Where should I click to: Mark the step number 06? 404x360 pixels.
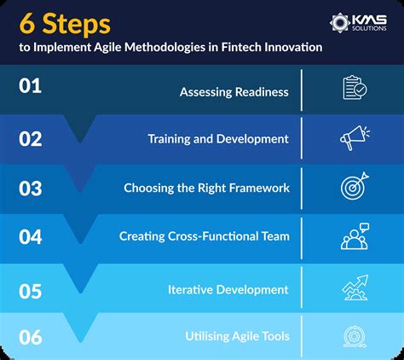(32, 337)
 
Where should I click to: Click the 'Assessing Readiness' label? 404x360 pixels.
(234, 91)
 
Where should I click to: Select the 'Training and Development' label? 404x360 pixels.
(218, 139)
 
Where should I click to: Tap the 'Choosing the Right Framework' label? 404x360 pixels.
(206, 188)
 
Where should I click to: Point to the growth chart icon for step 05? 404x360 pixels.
(354, 287)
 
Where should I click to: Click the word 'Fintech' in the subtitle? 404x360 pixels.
(240, 48)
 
